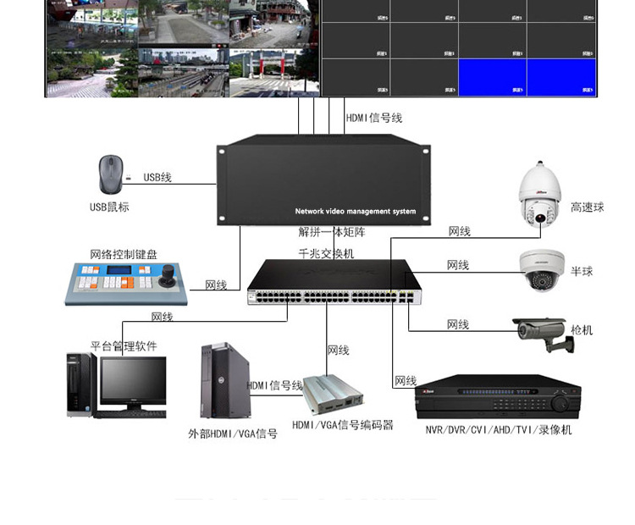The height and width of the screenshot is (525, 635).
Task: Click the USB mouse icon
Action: coord(110,174)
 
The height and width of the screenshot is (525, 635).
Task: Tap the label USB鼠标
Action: coord(110,207)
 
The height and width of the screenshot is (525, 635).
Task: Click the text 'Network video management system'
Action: coord(356,211)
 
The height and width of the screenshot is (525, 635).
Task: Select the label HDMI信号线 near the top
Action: coord(373,119)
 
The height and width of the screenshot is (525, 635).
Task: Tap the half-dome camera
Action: coord(541,270)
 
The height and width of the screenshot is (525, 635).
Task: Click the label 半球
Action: coord(582,272)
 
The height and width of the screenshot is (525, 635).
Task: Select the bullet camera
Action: coord(542,333)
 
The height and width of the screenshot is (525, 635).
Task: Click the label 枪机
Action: coord(582,329)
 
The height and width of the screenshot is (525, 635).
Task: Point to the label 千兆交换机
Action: coord(326,253)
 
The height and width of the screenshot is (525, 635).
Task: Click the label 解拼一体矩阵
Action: coord(331,231)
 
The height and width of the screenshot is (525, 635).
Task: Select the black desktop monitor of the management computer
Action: coord(133,383)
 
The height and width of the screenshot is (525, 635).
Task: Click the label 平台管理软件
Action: coord(124,345)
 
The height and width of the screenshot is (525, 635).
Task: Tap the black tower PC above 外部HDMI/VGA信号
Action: coord(224,380)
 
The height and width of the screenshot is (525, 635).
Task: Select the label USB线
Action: coord(157,177)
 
